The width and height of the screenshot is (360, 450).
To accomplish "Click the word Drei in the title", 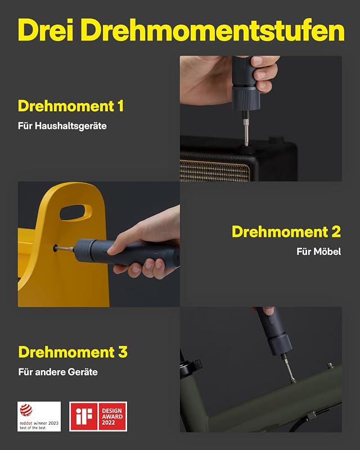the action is (x=46, y=30).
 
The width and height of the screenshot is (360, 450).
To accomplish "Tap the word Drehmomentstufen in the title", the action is (x=213, y=30).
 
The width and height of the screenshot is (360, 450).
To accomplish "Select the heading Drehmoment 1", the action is (x=71, y=106).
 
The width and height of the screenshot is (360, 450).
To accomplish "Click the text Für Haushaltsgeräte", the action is (x=62, y=126).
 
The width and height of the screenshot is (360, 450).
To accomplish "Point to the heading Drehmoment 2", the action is (x=286, y=232).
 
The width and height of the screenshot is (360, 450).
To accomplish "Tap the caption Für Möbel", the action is (x=319, y=251).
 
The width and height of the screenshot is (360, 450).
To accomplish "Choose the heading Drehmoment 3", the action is (x=73, y=352).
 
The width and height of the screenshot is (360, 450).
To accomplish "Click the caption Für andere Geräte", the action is (x=58, y=372).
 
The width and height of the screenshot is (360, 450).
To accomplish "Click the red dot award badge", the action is (x=39, y=416).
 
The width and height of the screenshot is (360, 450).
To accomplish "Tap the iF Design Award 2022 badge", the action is (x=98, y=416).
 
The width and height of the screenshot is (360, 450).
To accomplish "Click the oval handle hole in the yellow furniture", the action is (x=76, y=213).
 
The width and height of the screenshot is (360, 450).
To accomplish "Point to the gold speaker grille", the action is (x=214, y=171).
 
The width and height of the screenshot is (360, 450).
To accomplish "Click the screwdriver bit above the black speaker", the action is (x=246, y=130).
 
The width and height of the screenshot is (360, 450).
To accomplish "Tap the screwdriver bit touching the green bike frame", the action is (x=289, y=368).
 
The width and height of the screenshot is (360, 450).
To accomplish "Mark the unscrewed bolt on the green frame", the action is (x=331, y=366).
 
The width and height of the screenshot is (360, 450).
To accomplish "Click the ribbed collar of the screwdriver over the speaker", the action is (x=246, y=98).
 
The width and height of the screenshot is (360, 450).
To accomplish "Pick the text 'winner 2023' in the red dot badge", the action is (x=46, y=423).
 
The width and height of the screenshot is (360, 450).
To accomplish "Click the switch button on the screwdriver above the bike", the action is (x=271, y=320).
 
